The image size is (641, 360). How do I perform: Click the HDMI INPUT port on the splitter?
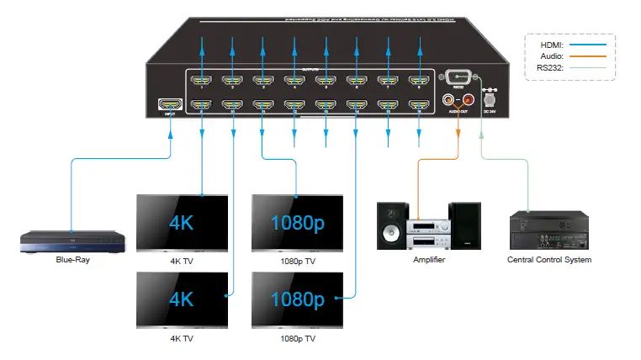[x=171, y=105]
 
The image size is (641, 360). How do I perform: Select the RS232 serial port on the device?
[x=458, y=76]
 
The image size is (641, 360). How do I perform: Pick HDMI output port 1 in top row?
[x=201, y=82]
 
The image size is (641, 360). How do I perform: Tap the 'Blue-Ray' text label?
[x=73, y=260]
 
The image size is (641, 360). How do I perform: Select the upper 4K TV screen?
[x=183, y=223]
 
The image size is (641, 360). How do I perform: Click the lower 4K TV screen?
[x=183, y=299]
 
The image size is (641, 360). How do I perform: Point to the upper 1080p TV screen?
[x=297, y=223]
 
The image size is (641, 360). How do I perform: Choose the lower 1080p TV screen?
[x=297, y=299]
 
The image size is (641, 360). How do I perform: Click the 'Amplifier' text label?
[x=429, y=260]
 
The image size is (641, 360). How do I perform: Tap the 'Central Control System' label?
[x=549, y=260]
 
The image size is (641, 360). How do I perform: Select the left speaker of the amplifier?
[x=391, y=226]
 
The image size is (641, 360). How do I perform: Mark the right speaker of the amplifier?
[x=465, y=225]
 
